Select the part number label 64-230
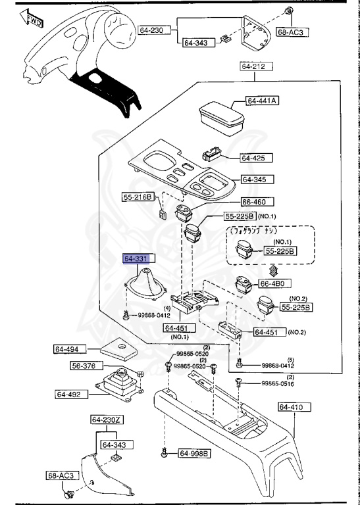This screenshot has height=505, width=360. click(x=151, y=30)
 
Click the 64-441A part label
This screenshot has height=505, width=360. click(x=263, y=101)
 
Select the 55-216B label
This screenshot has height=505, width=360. click(x=138, y=197)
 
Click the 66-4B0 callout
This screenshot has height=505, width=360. click(x=272, y=283)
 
